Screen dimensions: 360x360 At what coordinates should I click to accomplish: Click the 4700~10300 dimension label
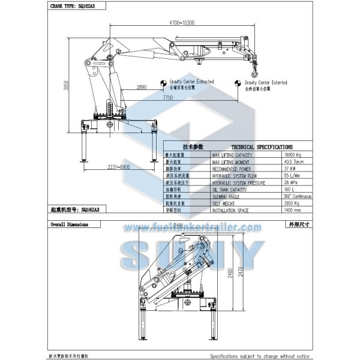coord(182,23)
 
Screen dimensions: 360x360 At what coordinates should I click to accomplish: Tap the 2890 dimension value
coord(142,88)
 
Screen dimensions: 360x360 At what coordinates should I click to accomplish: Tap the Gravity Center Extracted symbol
coord(162,83)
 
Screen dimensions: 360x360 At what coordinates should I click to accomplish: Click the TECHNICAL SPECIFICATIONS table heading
coord(262,146)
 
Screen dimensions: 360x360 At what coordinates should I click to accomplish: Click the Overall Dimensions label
coord(69,224)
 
